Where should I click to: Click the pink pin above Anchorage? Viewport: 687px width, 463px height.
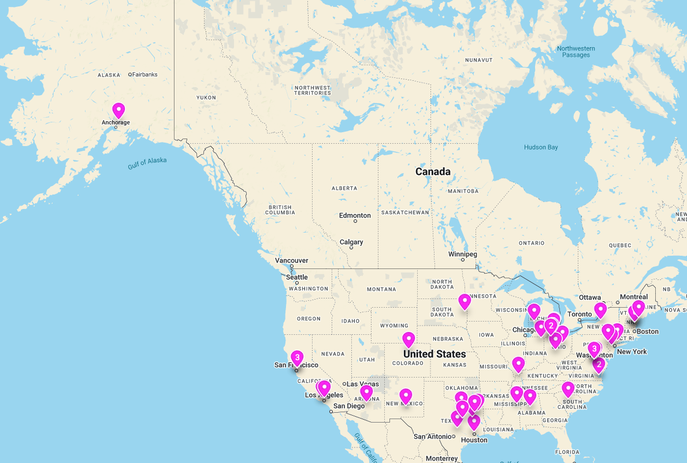point(118,110)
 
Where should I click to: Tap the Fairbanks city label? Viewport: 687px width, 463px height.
point(144,74)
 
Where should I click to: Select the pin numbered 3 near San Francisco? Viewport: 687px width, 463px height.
point(297,357)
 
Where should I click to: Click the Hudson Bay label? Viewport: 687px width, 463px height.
point(541,147)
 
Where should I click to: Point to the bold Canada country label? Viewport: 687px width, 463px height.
point(433,171)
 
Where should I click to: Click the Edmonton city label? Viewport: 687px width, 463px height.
point(355,215)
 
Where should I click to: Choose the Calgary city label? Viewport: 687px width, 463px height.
point(351,242)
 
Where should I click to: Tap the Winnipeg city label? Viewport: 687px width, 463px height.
point(462,254)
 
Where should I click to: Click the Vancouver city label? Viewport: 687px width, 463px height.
point(292,260)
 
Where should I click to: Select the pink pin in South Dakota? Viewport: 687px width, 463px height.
point(465,301)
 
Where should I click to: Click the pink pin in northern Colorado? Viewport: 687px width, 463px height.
point(409,339)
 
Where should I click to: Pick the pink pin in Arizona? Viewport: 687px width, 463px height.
point(366,393)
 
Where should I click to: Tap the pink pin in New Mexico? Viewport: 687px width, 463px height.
point(406,395)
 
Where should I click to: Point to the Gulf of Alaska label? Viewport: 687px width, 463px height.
point(147,163)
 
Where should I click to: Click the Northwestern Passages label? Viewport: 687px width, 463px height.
point(576,51)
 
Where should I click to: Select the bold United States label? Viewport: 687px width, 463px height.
point(435,354)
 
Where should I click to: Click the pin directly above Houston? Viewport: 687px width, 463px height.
point(474,422)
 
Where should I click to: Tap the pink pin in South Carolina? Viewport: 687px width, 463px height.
point(568,389)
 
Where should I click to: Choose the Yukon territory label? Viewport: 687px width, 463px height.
point(206,98)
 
